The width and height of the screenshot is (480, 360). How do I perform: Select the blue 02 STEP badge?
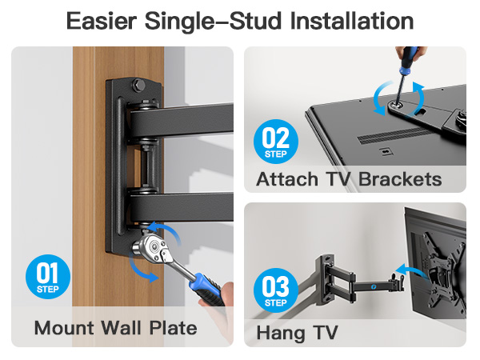(275, 141)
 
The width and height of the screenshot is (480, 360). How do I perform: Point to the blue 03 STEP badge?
(275, 291)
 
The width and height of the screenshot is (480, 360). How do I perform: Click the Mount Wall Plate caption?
(115, 328)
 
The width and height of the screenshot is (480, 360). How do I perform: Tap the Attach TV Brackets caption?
(349, 179)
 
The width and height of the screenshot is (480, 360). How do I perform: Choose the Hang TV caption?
(297, 332)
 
